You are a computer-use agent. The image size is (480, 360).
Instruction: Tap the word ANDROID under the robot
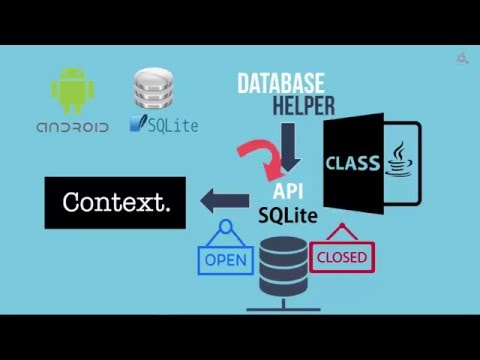pos(72,127)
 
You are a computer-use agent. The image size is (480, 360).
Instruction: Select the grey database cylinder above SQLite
pos(154,89)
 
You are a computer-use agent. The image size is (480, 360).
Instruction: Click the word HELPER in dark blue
pos(301,105)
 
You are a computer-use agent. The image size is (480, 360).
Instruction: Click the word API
pos(288,190)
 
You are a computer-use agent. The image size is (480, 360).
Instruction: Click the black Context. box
pos(115,202)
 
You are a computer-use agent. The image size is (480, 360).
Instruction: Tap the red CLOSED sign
pos(342,257)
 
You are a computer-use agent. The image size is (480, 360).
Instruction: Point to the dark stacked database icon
pos(283,266)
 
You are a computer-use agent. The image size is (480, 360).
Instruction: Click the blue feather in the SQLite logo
pos(137,125)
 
